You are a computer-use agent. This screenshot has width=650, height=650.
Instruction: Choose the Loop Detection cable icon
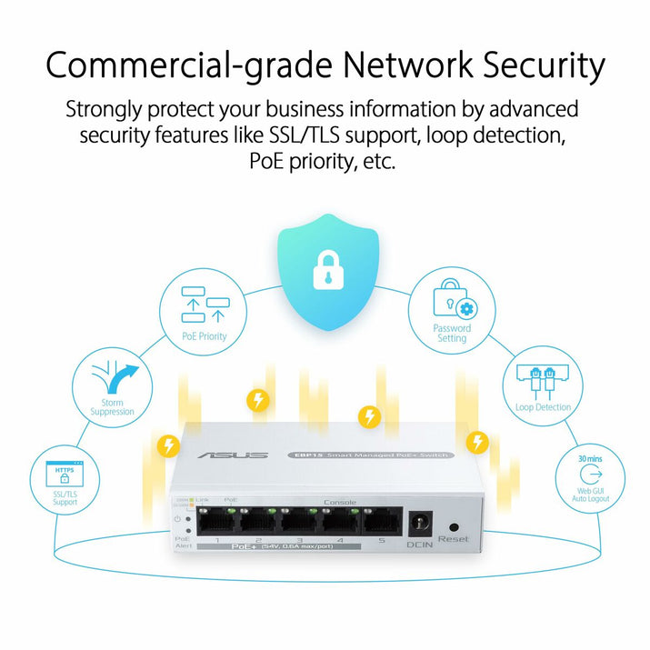543,380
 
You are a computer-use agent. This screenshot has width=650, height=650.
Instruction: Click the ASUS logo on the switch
239,455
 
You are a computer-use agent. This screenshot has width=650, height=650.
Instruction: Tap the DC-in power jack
421,524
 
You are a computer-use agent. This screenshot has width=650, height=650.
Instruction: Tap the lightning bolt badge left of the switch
167,445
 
